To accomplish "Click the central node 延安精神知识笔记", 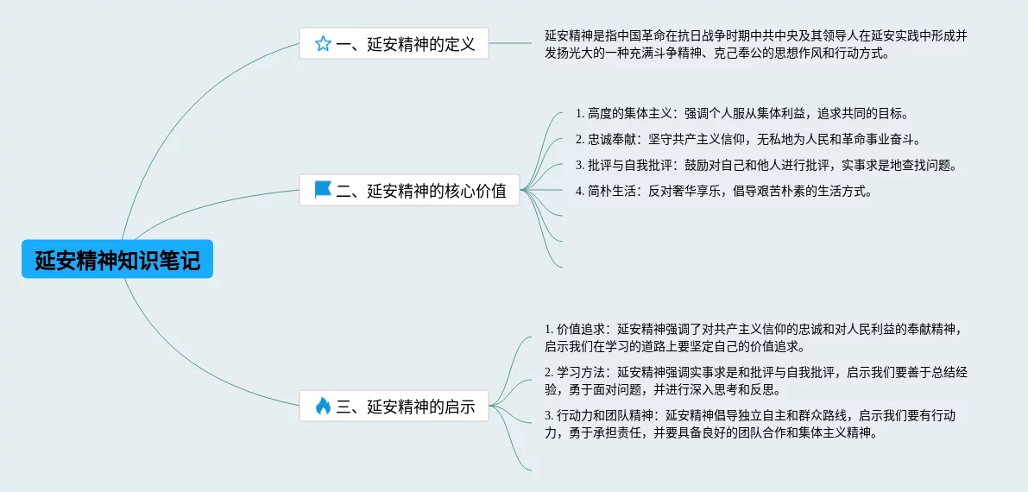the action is coord(117,260).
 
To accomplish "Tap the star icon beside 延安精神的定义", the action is coord(323,43).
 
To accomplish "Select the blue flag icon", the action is coord(323,190).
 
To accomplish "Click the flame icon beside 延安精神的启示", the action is coord(323,406).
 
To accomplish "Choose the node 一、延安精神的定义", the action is coord(394,43).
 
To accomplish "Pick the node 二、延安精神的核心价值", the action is coord(410,191).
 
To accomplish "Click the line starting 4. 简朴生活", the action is coord(724,191).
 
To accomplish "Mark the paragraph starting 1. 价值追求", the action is coord(753,337).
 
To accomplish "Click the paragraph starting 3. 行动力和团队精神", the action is coord(749,425).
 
